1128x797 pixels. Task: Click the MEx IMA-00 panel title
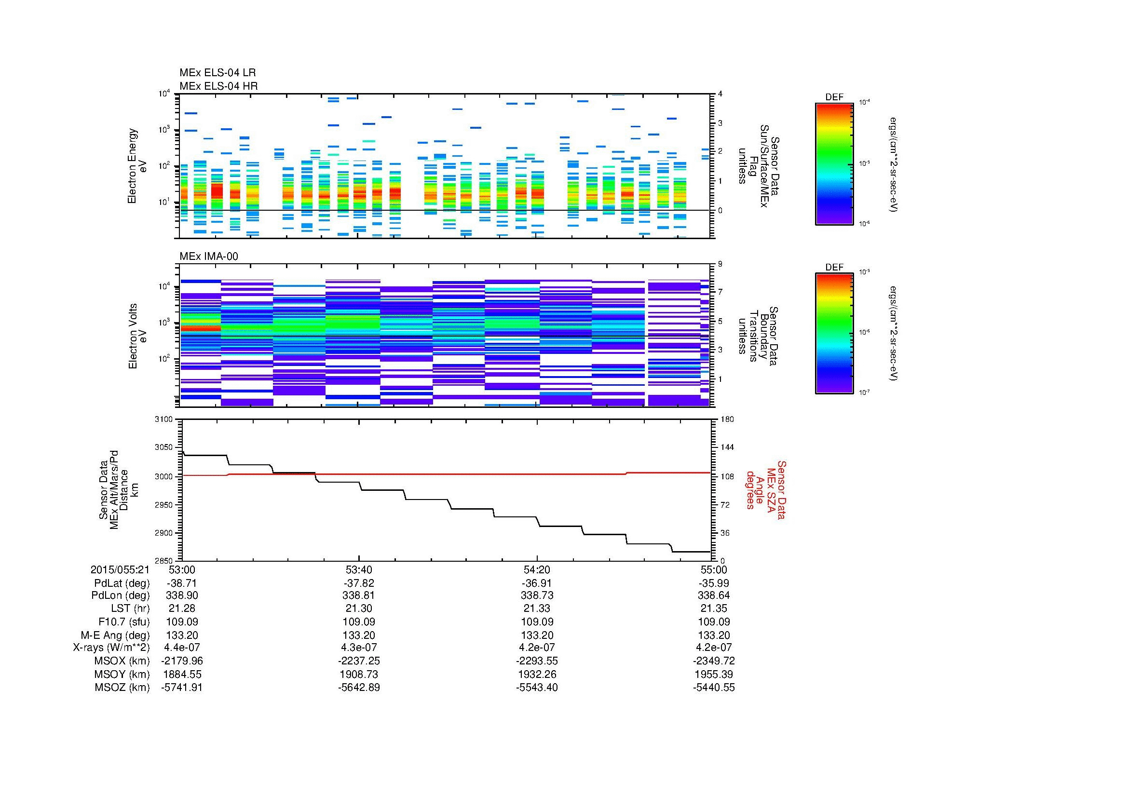pos(208,257)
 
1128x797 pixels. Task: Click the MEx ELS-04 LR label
pos(217,73)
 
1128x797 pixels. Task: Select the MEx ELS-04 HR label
pos(218,86)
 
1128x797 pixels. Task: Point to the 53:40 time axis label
pos(359,570)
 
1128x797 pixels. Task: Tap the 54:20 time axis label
pos(537,570)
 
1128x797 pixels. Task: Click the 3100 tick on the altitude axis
pos(163,419)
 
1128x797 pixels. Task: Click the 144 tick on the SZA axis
pos(726,447)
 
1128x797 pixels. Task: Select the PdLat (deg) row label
pos(122,583)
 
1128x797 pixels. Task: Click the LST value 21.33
pos(537,609)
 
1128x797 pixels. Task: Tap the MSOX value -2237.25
pos(359,661)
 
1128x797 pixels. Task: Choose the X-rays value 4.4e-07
pos(182,648)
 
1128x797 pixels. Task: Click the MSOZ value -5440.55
pos(714,688)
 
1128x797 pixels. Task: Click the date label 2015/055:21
pos(120,570)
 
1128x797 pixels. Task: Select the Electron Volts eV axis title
pos(138,336)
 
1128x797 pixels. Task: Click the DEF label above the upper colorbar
pos(834,97)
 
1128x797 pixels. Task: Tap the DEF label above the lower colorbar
pos(834,267)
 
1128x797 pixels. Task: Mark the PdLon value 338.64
pos(714,595)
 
